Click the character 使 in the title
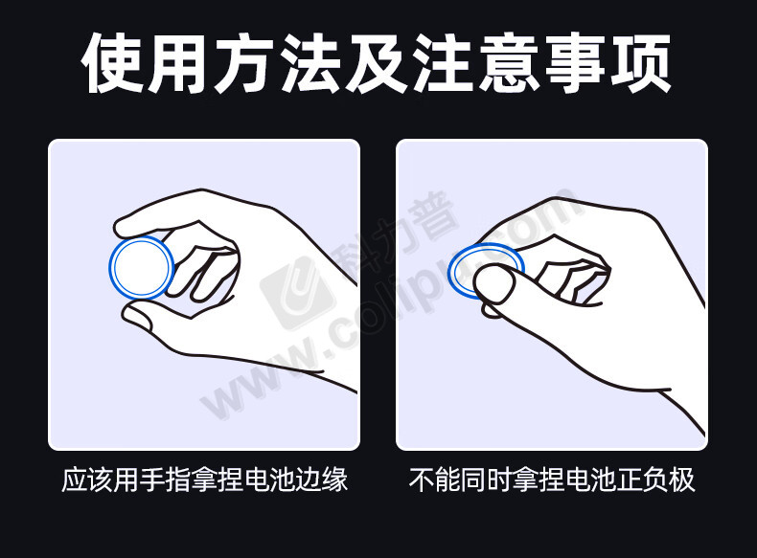click(x=113, y=63)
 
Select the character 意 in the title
click(x=509, y=63)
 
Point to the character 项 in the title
click(x=641, y=63)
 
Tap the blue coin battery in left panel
click(x=142, y=268)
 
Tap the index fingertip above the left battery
click(x=126, y=224)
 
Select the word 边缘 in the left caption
click(x=322, y=480)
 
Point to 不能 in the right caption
click(x=434, y=480)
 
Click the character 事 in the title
click(x=576, y=63)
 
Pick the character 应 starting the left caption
click(x=75, y=480)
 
